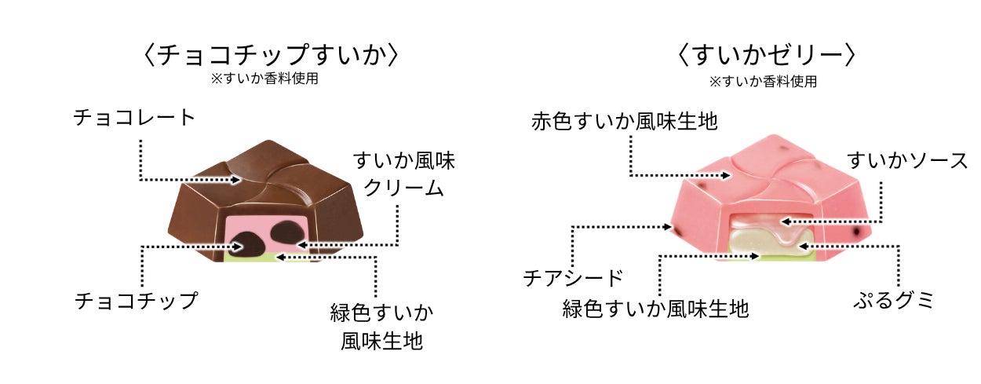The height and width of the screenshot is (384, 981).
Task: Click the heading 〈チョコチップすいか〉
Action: pyautogui.click(x=271, y=55)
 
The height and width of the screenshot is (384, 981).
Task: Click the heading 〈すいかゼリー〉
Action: pyautogui.click(x=766, y=55)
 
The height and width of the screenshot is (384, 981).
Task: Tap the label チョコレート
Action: pyautogui.click(x=134, y=118)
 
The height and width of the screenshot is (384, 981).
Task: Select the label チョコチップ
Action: pyautogui.click(x=137, y=301)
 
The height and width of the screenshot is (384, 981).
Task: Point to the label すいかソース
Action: pyautogui.click(x=907, y=160)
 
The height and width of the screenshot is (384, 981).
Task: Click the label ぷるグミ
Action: pyautogui.click(x=894, y=301)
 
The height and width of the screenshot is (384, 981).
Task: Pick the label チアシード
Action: pyautogui.click(x=573, y=277)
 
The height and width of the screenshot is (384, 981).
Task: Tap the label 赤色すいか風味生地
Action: pyautogui.click(x=625, y=122)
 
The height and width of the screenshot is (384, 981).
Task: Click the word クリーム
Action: pyautogui.click(x=403, y=188)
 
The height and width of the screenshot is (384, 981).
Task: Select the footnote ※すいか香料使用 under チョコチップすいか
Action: pyautogui.click(x=264, y=79)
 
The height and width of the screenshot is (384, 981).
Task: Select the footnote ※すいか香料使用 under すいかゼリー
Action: pyautogui.click(x=763, y=82)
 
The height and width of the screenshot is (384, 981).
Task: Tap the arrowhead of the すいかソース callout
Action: pyautogui.click(x=786, y=221)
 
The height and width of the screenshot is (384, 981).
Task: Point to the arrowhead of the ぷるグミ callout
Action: pyautogui.click(x=803, y=247)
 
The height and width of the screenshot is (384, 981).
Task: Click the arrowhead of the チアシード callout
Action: pyautogui.click(x=667, y=227)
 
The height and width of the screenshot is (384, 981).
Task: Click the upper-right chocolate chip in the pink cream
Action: pyautogui.click(x=289, y=232)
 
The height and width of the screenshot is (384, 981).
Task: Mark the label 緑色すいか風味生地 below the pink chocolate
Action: pyautogui.click(x=655, y=309)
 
